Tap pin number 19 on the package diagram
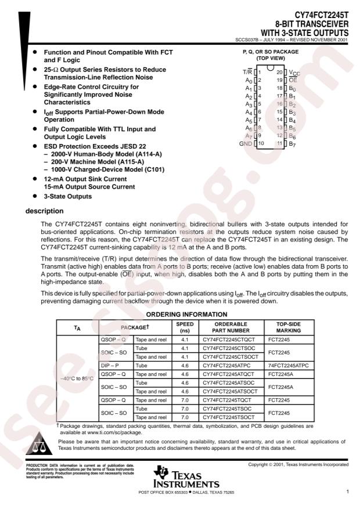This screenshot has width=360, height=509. (x=279, y=80)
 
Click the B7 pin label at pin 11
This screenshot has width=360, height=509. (x=292, y=143)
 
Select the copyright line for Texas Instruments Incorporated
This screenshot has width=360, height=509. (x=298, y=465)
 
